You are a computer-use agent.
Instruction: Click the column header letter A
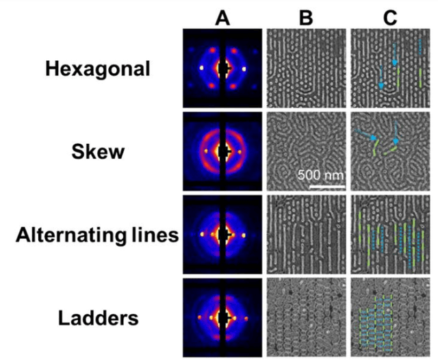tap(222, 18)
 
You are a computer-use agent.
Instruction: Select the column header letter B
tap(306, 18)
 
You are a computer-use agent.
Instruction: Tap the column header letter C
tap(389, 18)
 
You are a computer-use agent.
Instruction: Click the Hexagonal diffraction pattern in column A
tap(222, 68)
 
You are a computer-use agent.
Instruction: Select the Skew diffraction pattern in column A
tap(222, 152)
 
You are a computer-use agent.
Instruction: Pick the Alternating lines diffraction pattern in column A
tap(222, 235)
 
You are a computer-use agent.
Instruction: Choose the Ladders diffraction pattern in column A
tap(222, 318)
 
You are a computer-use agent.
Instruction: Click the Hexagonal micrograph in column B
tap(306, 68)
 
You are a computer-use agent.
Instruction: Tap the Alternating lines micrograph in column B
tap(306, 235)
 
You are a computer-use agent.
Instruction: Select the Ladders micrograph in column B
tap(306, 318)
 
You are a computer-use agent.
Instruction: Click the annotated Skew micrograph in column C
tap(390, 152)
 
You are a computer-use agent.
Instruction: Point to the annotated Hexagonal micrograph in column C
tap(390, 68)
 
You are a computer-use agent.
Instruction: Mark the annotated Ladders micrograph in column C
tap(390, 318)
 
